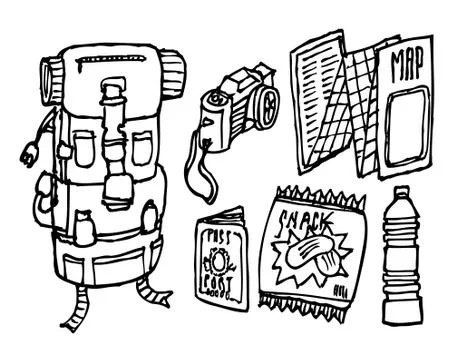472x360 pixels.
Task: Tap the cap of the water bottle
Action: [402, 191]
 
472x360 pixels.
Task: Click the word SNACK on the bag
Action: [307, 218]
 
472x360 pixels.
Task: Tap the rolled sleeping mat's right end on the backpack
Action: [173, 74]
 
